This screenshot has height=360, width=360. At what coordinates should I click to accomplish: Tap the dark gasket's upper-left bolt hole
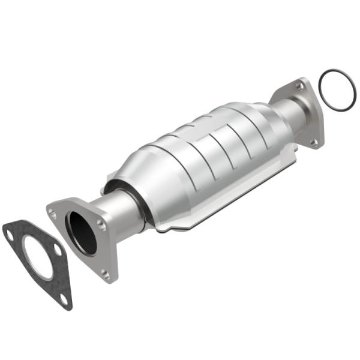10,235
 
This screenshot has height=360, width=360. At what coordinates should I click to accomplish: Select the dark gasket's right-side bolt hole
56,250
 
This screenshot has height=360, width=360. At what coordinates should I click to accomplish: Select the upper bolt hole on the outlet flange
298,87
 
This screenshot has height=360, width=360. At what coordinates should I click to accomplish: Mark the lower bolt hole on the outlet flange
313,142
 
